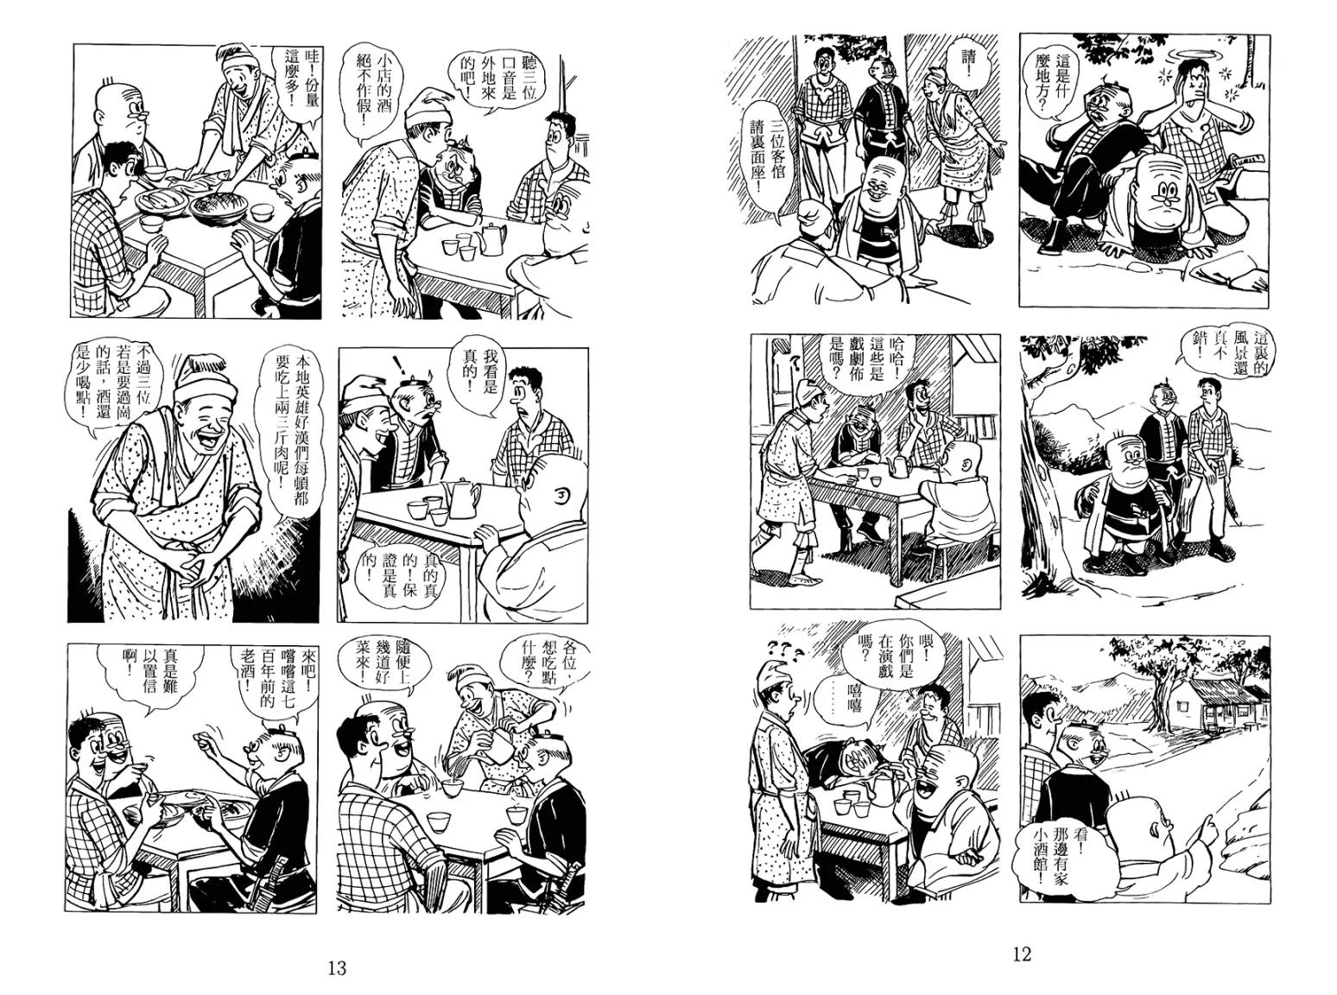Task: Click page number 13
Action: coord(337,968)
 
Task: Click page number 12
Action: coord(1022,954)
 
